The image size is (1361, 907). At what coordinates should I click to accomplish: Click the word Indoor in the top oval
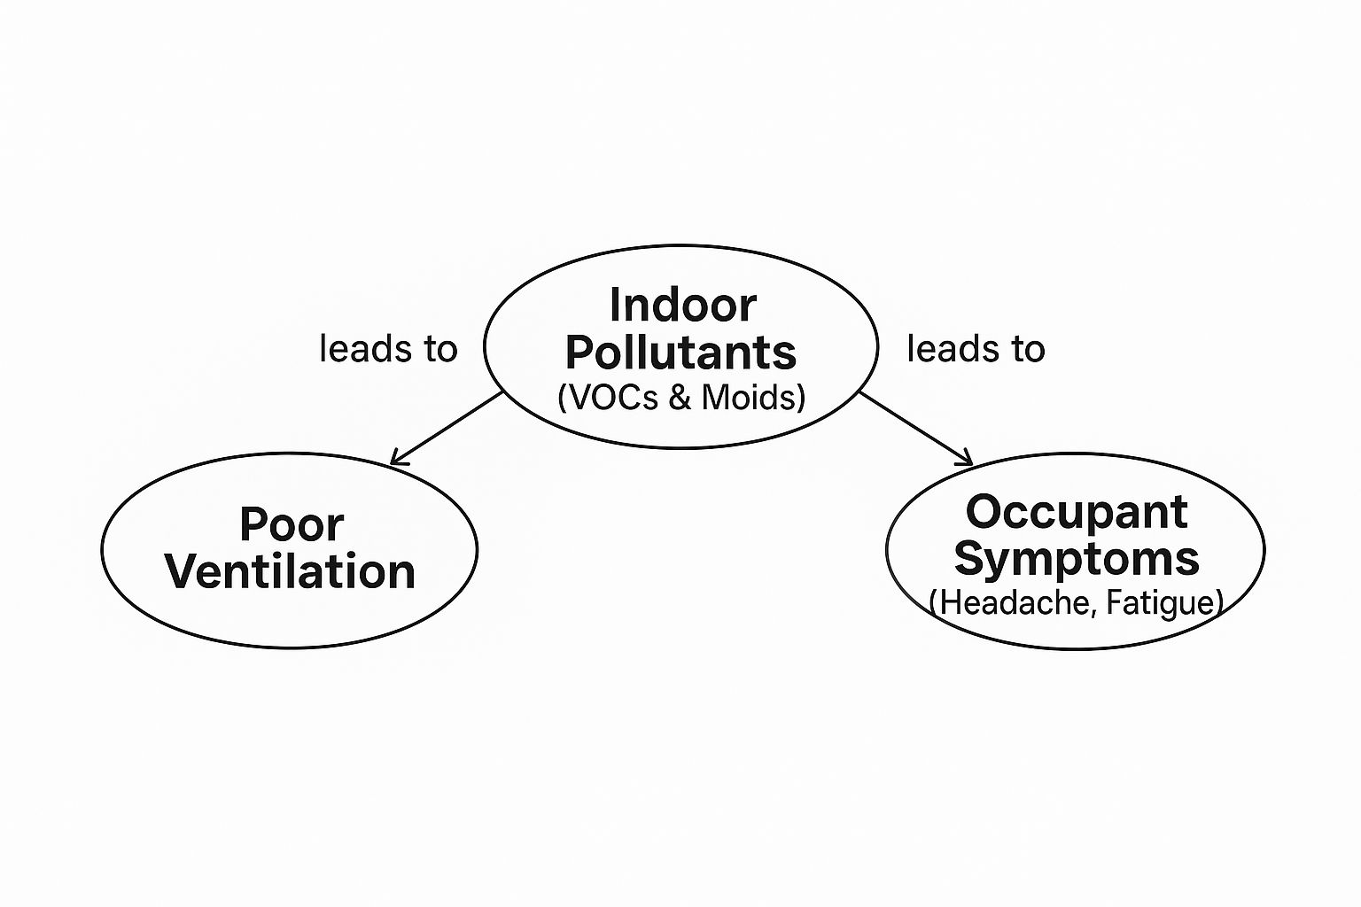pos(682,306)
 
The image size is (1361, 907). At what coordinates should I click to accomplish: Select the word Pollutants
pos(680,353)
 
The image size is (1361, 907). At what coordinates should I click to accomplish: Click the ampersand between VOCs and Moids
pos(680,397)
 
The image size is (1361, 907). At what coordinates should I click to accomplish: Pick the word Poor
pos(291,524)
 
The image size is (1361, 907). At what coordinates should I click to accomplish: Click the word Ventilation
pos(291,571)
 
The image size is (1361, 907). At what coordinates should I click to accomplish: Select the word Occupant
pos(1076,512)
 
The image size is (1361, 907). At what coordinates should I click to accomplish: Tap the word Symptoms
pos(1076,559)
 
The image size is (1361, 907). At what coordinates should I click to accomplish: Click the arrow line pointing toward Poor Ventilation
pos(447,428)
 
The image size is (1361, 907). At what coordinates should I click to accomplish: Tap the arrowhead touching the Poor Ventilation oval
pos(396,460)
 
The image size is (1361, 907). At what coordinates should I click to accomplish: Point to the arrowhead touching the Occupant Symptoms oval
pos(967,460)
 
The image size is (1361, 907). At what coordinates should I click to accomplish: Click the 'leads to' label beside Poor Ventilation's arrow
pos(388,349)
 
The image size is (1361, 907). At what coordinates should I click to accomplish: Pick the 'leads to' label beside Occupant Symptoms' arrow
pos(976,349)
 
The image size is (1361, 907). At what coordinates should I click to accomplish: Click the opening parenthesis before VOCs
pos(562,398)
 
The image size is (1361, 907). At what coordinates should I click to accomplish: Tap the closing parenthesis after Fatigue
pos(1219,603)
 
